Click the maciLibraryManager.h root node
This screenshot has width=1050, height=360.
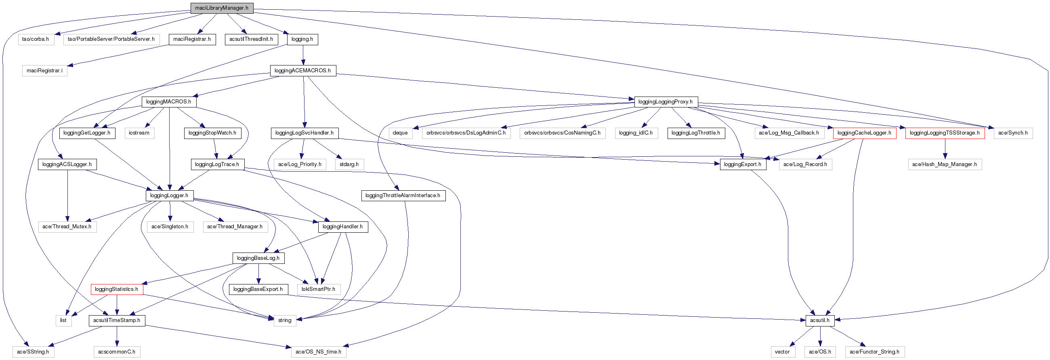click(222, 8)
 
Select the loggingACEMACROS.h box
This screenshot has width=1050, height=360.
click(303, 71)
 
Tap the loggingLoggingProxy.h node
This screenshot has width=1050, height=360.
click(666, 102)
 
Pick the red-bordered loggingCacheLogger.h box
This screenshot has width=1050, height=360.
click(864, 133)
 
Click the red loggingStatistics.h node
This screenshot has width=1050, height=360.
click(117, 289)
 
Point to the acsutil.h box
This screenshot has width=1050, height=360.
click(820, 320)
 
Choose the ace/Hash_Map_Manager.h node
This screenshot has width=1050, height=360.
click(945, 164)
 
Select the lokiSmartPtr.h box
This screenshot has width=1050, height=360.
click(318, 289)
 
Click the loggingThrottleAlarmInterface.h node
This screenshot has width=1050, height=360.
click(403, 196)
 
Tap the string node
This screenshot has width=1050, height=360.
click(285, 320)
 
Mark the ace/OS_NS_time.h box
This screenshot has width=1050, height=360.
click(318, 352)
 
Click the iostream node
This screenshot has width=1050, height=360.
click(139, 133)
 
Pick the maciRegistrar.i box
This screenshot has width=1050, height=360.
click(44, 71)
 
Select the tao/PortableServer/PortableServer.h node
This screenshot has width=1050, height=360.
click(111, 39)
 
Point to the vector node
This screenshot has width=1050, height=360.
click(782, 352)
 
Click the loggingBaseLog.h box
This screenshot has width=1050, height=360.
click(258, 258)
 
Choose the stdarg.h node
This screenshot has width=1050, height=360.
click(349, 164)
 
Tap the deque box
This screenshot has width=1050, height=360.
click(400, 133)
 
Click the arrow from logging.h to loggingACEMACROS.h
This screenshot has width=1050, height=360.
click(303, 55)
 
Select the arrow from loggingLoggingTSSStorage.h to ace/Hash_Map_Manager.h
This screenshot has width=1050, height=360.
click(945, 148)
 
